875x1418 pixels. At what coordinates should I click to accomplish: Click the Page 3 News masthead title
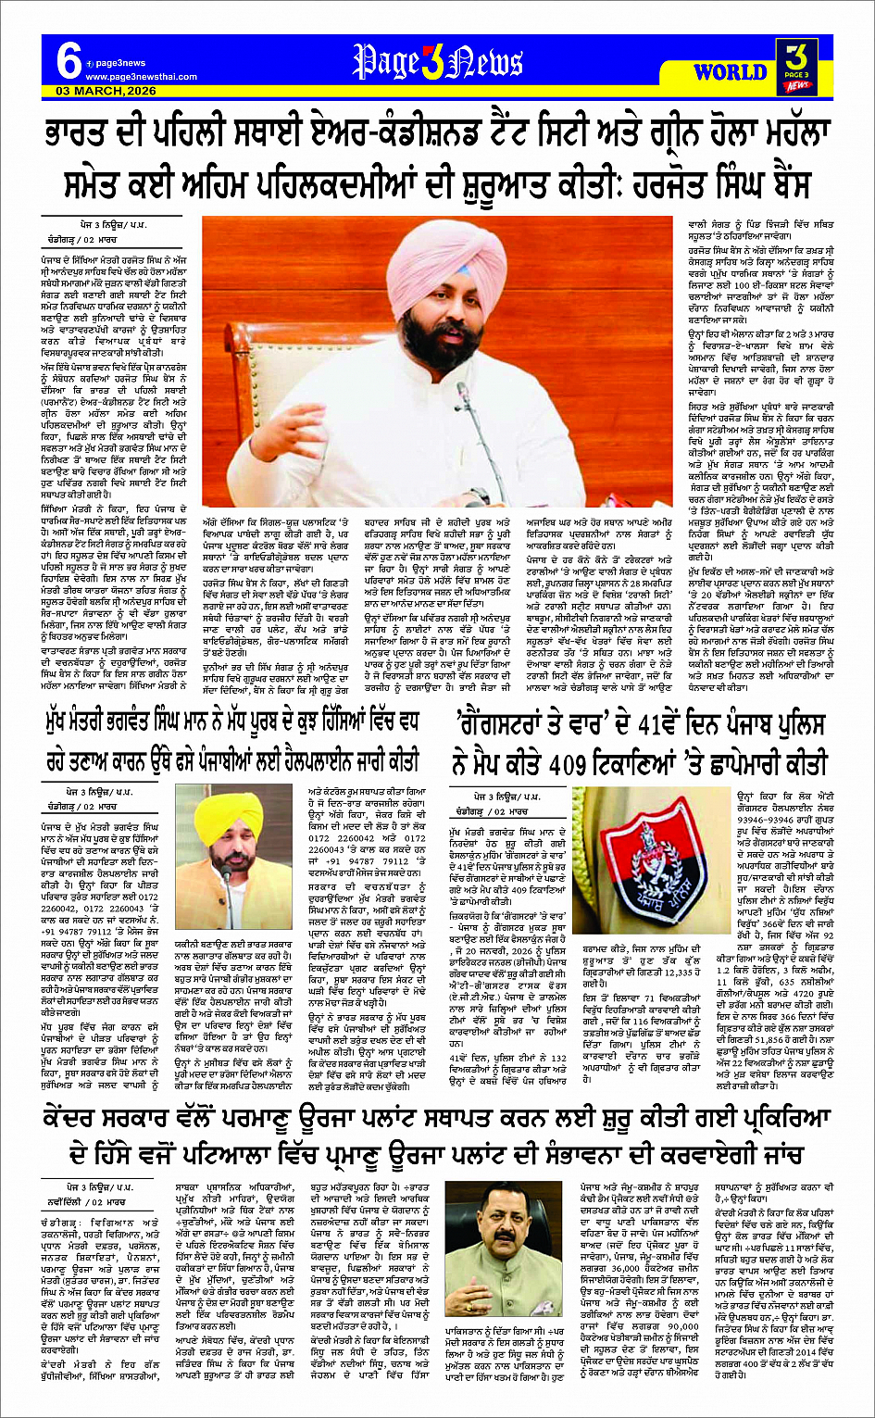point(437,62)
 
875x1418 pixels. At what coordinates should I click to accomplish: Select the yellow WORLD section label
point(730,72)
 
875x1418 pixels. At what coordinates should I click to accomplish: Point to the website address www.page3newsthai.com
point(129,77)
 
